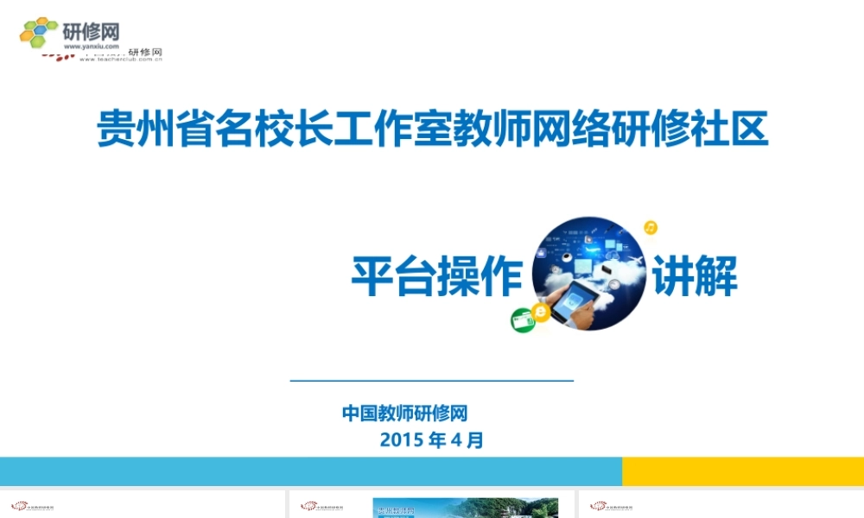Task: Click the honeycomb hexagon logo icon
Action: coord(38,33)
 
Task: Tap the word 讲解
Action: coord(695,276)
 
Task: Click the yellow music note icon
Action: coord(651,228)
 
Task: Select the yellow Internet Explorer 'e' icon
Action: coord(542,311)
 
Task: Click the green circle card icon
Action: coord(522,321)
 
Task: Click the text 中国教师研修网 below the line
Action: coord(404,414)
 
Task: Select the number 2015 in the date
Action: coord(400,440)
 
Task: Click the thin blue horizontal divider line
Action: coord(432,380)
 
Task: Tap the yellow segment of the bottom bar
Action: coord(743,471)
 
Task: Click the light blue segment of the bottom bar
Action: coord(311,471)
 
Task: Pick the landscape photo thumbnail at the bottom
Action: coord(466,508)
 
